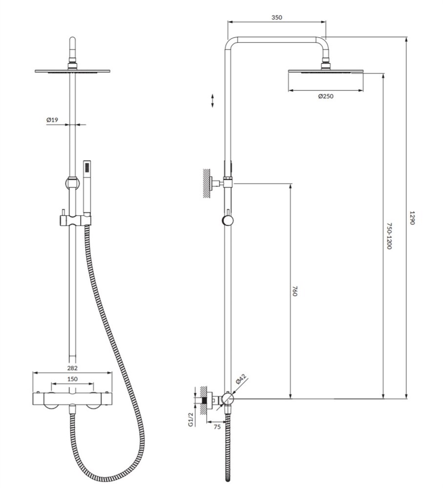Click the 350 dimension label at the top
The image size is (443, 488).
click(276, 18)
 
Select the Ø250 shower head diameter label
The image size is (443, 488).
click(326, 96)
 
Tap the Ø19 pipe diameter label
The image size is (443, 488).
click(52, 120)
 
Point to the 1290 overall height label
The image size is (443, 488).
click(412, 218)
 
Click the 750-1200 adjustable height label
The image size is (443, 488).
click(389, 236)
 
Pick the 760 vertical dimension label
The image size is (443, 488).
click(295, 291)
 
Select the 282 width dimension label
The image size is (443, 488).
click(72, 368)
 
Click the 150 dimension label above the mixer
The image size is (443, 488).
click(72, 379)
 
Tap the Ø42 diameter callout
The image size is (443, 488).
click(241, 379)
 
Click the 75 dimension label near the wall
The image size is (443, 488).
click(217, 427)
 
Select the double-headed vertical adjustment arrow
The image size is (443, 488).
click(212, 101)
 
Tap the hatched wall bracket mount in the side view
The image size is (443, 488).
click(206, 183)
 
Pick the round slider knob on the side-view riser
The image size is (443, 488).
click(228, 221)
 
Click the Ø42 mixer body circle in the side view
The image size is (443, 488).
click(228, 398)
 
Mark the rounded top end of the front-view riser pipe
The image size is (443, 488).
click(72, 40)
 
